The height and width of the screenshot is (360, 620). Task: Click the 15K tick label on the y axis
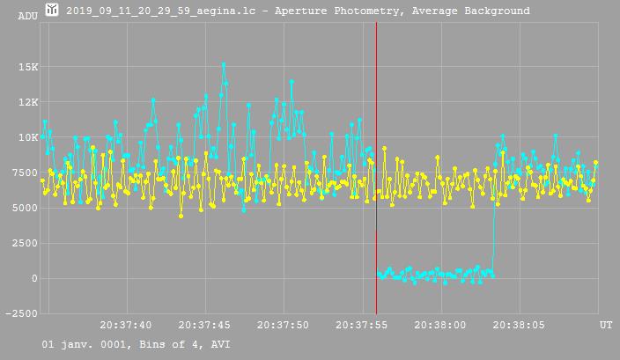coord(28,67)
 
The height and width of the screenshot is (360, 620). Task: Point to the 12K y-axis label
coord(28,102)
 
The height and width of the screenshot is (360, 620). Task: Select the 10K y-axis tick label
coord(28,137)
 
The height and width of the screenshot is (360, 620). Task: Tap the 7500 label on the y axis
coord(26,173)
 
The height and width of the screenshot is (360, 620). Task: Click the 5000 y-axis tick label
coord(26,208)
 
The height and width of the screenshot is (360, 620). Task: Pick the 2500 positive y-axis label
coord(26,243)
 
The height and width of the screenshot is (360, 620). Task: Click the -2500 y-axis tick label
coord(23,313)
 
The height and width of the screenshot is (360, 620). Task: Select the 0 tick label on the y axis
coord(34,278)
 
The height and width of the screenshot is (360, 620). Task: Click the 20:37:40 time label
coord(127,325)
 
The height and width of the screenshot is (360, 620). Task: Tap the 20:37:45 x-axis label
coord(205,325)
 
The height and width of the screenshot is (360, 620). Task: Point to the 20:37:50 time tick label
coord(284,325)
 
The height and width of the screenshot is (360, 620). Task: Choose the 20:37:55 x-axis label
coord(362,325)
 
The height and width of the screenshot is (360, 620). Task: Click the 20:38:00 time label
coord(440,325)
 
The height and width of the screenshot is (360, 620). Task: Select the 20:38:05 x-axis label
coord(519,325)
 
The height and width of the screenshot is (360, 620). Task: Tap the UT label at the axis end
coord(606,325)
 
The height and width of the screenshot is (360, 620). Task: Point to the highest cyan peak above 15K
coord(224,64)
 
